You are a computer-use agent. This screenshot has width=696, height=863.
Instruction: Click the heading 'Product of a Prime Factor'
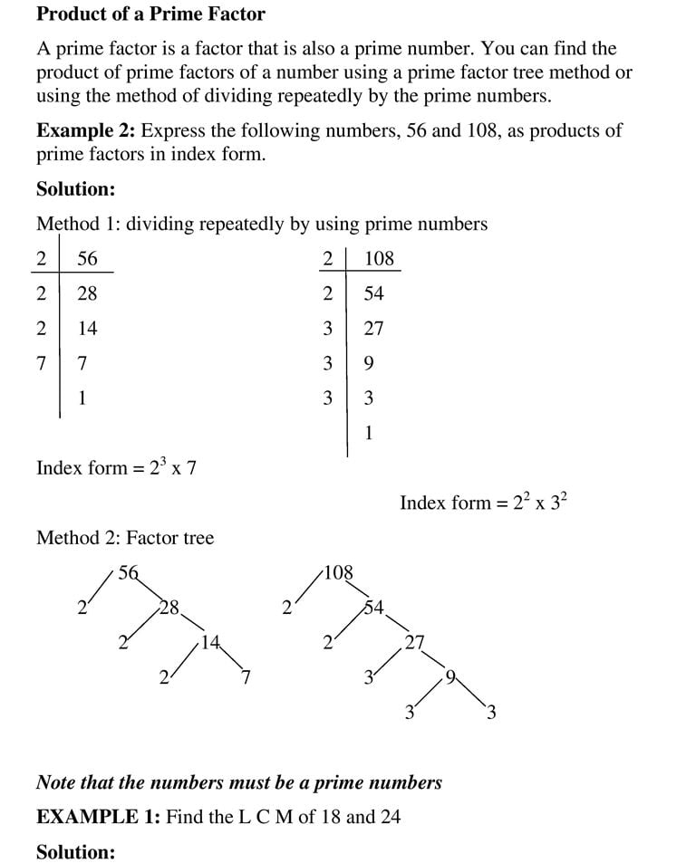click(x=150, y=14)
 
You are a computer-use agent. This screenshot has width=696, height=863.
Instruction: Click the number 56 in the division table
click(x=87, y=259)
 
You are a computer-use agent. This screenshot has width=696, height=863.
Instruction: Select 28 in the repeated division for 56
click(x=87, y=293)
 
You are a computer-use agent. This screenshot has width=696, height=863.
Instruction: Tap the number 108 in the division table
click(x=379, y=259)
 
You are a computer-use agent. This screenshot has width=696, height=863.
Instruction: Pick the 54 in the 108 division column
click(x=373, y=293)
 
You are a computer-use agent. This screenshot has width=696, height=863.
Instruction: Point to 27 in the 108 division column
click(x=373, y=329)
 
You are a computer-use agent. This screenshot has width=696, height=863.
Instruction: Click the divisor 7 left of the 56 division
click(x=42, y=364)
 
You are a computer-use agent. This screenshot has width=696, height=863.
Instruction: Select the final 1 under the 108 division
click(x=369, y=434)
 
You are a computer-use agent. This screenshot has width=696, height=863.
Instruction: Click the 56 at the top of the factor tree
click(x=129, y=572)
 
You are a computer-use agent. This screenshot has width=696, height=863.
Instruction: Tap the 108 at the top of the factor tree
click(x=338, y=572)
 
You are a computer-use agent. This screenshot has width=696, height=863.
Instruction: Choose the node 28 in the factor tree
click(x=169, y=607)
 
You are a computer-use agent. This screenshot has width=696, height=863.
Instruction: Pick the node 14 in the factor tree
click(x=211, y=643)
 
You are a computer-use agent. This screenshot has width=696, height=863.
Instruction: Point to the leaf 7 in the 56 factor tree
click(x=245, y=677)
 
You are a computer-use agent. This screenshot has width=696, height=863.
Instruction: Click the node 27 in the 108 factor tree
click(x=414, y=643)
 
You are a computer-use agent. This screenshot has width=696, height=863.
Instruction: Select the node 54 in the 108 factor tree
click(x=373, y=607)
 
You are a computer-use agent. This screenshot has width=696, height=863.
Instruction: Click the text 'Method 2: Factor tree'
click(x=125, y=538)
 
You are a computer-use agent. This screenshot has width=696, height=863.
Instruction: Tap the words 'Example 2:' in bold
click(x=86, y=130)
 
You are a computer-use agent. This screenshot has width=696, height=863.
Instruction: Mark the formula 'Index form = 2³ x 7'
click(x=116, y=468)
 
